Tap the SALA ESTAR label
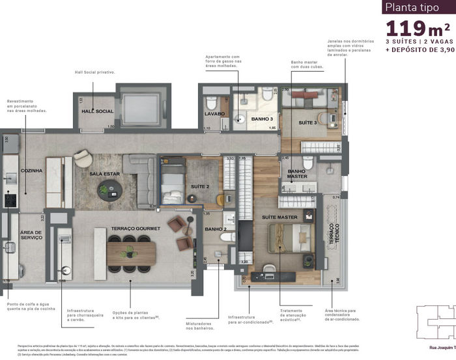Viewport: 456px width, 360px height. point(104,174)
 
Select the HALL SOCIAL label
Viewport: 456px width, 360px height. point(97,111)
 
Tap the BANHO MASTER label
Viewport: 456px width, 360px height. point(297,174)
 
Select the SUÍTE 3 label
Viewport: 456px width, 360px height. point(307,122)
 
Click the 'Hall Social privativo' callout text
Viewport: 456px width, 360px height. point(95,72)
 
